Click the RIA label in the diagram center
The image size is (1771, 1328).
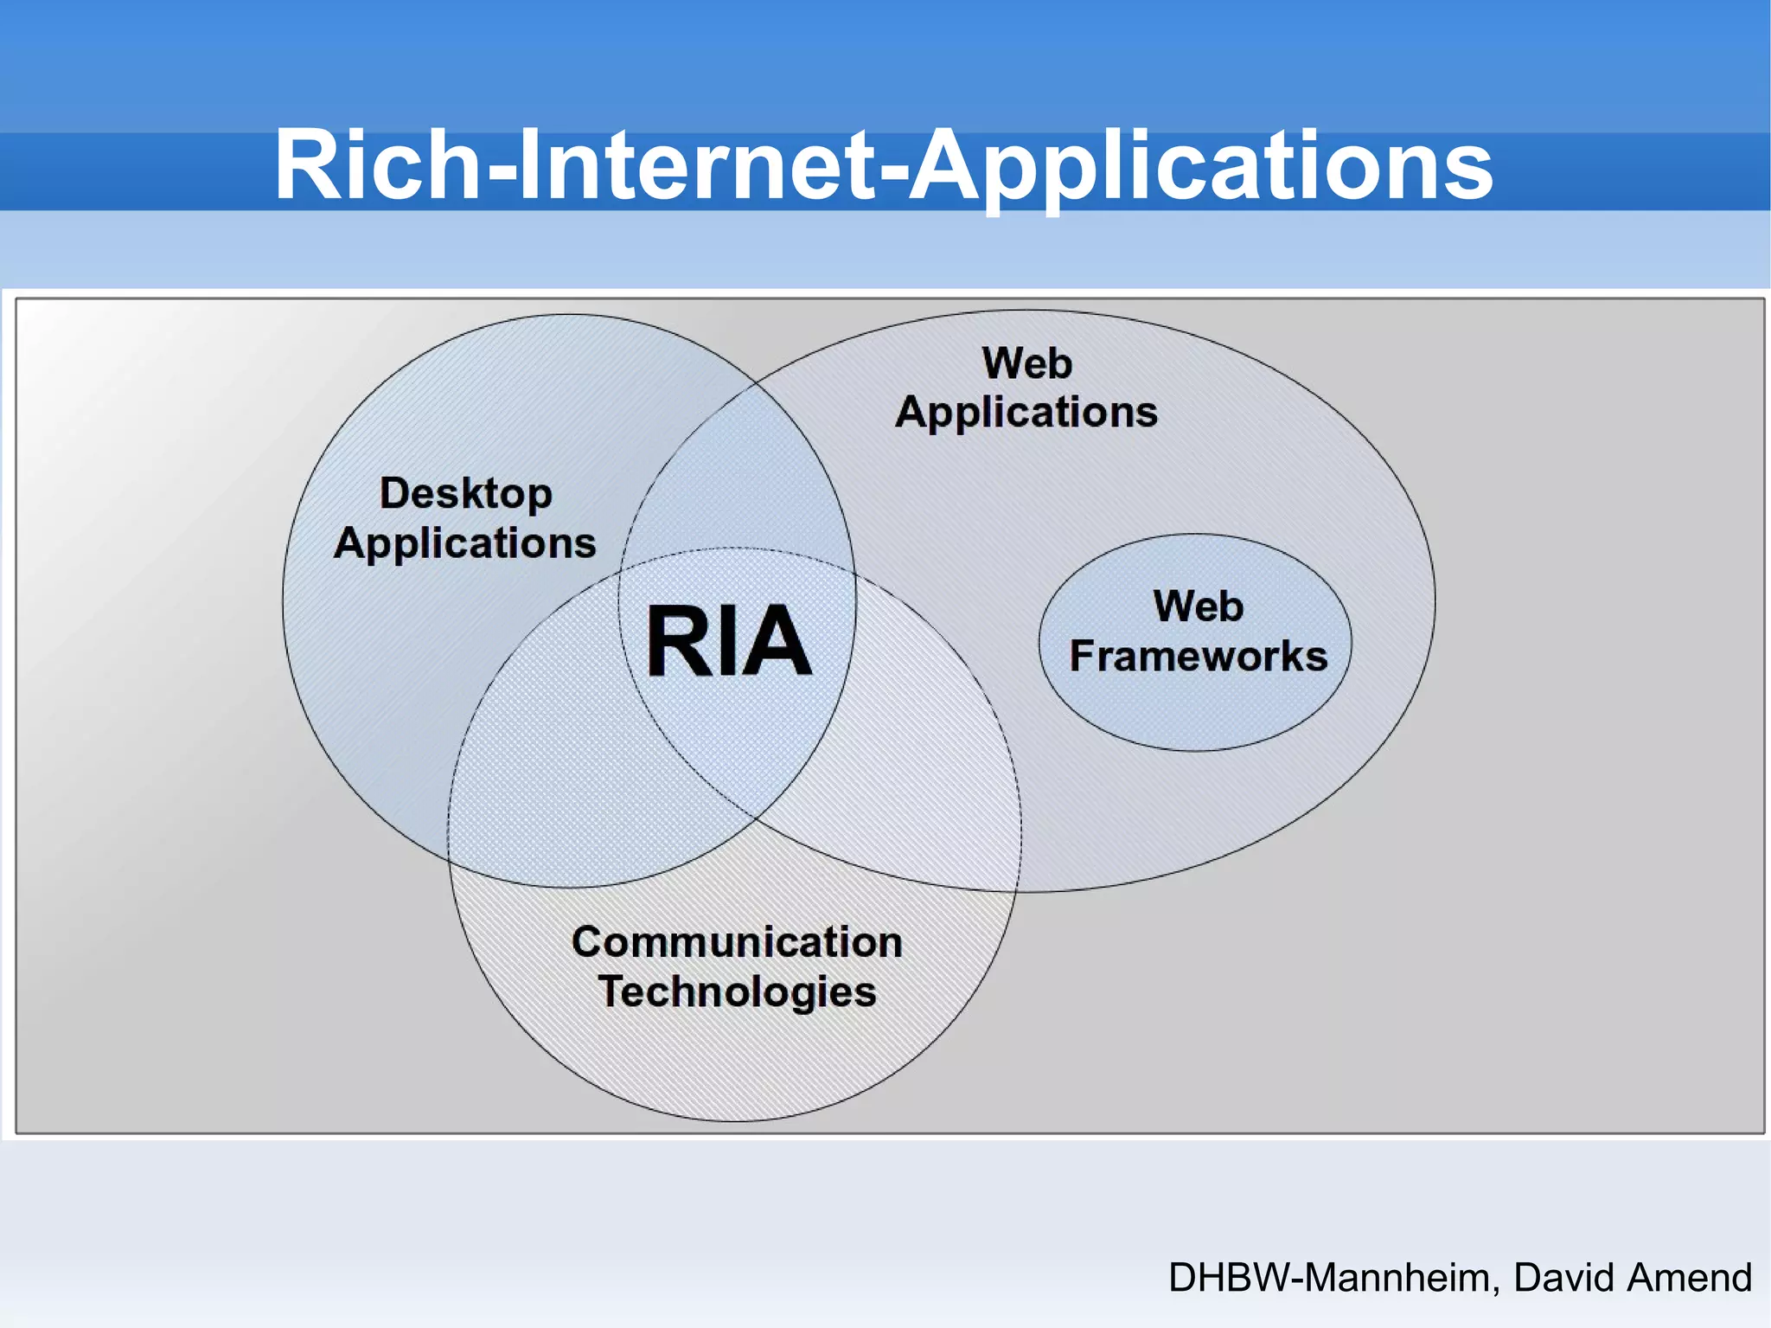point(729,641)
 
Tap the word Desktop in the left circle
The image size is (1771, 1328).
point(466,494)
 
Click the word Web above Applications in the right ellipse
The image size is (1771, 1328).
point(1027,363)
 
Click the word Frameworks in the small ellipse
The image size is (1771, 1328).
point(1199,656)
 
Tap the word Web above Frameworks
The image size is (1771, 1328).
point(1199,606)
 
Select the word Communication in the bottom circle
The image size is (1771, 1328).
point(737,941)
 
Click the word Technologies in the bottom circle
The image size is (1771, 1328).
point(737,991)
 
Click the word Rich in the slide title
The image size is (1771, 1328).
point(377,164)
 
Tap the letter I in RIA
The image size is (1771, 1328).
point(724,641)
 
